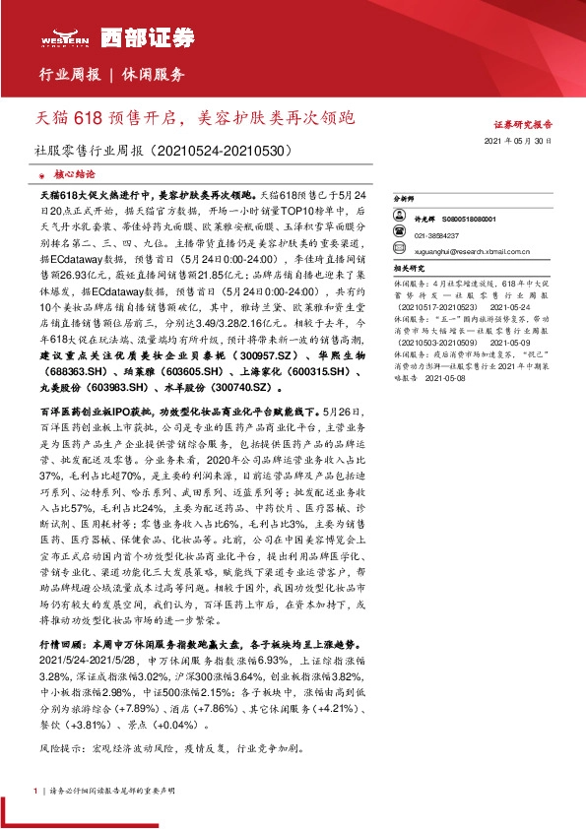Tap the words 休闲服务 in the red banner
pos(154,75)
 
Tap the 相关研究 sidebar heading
pos(407,266)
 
